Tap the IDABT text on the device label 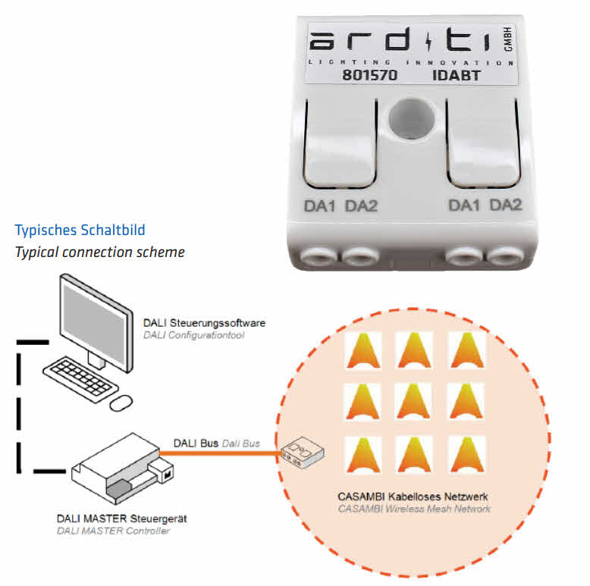(457, 76)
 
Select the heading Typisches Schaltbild (80, 230)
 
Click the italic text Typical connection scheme (99, 251)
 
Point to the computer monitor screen (93, 319)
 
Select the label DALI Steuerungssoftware (204, 323)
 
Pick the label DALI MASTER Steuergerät (122, 519)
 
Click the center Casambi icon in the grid (415, 401)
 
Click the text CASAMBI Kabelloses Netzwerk (413, 497)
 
